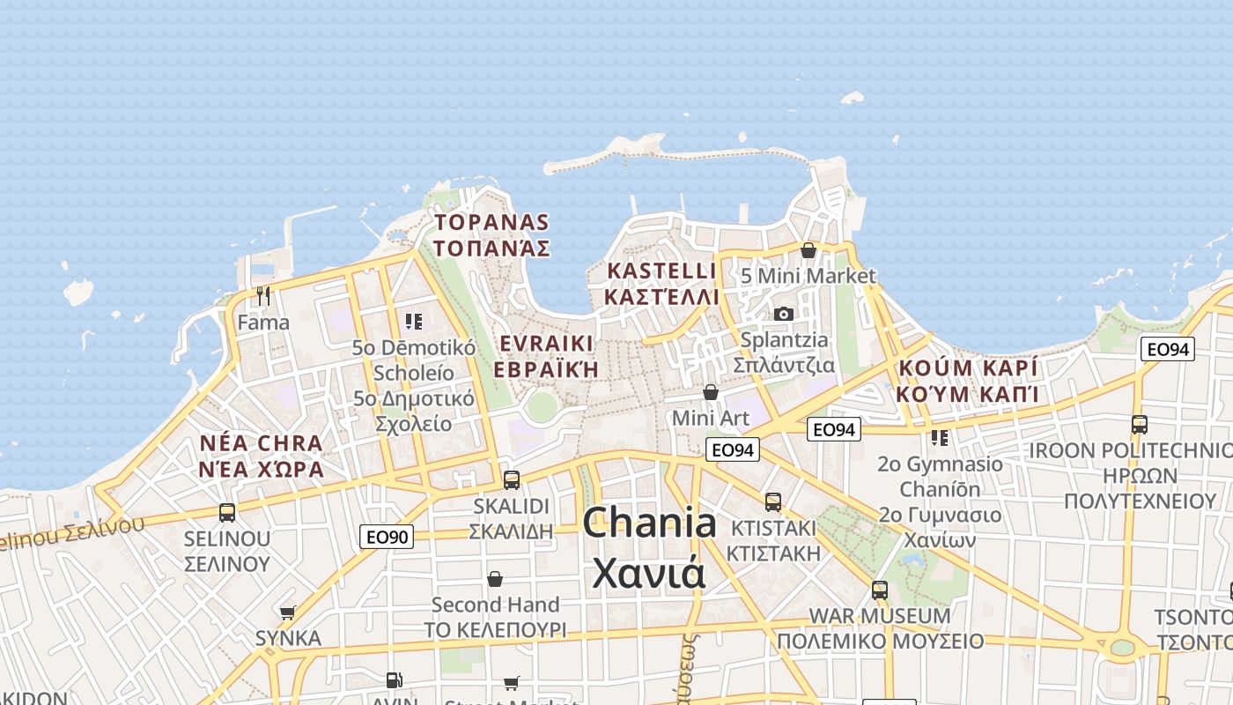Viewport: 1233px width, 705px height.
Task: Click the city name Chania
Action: point(649,523)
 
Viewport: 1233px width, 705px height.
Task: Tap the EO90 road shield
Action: point(387,536)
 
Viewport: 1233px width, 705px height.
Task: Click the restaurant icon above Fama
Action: point(262,295)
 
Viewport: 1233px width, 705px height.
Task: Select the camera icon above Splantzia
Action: point(783,314)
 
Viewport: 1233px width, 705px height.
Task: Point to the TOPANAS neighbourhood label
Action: point(491,223)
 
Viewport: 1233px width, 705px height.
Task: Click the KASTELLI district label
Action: point(662,271)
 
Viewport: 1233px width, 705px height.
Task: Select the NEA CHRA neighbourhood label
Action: point(262,442)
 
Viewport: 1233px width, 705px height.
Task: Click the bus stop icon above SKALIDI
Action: point(511,480)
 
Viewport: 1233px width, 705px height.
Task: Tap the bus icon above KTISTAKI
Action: point(773,502)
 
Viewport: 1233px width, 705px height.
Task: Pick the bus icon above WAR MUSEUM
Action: point(879,590)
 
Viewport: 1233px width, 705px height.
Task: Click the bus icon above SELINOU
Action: point(226,512)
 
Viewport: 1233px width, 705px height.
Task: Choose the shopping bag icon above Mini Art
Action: point(710,391)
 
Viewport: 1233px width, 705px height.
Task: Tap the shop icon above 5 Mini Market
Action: point(808,250)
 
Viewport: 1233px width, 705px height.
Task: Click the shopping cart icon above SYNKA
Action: point(287,612)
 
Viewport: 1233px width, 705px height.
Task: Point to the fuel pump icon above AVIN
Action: point(394,679)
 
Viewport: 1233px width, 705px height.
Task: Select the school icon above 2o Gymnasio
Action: point(940,437)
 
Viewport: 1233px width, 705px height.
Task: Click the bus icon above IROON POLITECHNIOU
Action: point(1139,424)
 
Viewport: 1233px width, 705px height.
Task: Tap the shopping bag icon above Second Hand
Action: point(495,579)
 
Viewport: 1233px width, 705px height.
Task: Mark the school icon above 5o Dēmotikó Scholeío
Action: point(413,321)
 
